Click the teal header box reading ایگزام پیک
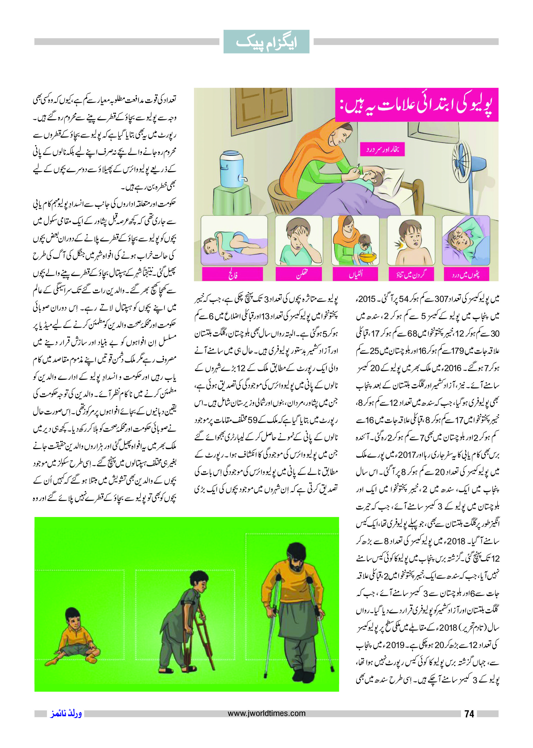(266, 42)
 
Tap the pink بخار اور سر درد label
(382, 149)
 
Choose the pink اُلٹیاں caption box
(355, 274)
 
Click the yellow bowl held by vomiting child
(368, 257)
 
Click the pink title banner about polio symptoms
(416, 105)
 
